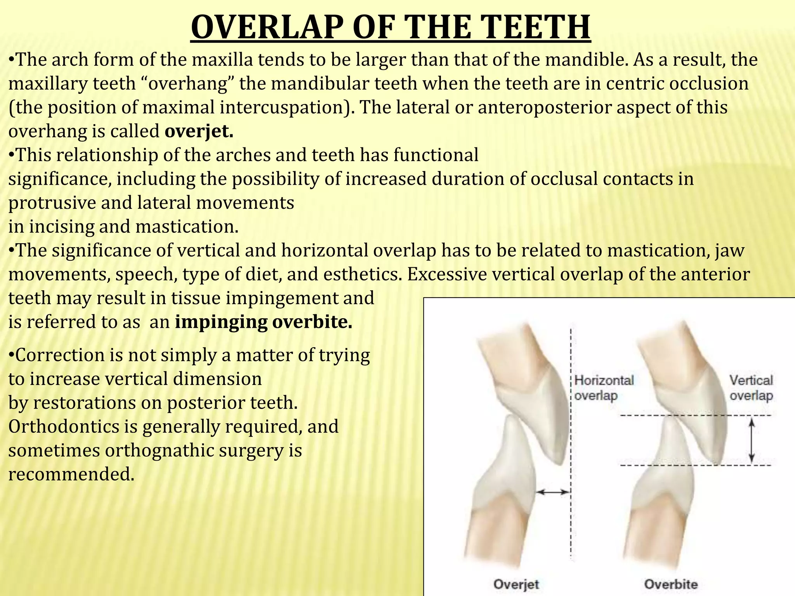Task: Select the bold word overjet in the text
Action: click(199, 131)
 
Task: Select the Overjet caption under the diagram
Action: click(516, 584)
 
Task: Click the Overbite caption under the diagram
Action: click(670, 584)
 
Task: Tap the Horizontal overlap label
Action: click(604, 387)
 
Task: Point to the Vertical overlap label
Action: click(751, 387)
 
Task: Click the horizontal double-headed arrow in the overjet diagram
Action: click(553, 492)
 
